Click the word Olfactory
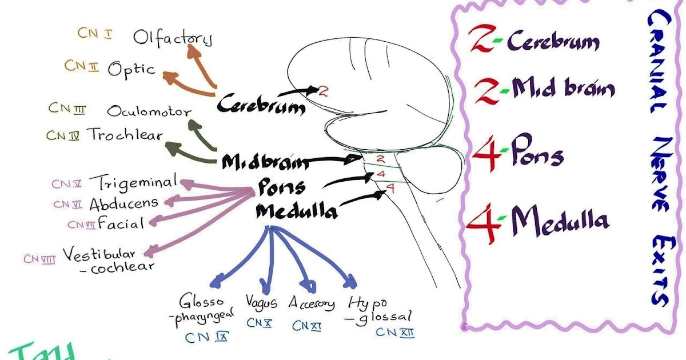[173, 38]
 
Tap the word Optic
[131, 69]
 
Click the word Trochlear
[125, 134]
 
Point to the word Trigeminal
[137, 183]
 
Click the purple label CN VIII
[39, 258]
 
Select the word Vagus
[261, 302]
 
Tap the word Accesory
[312, 303]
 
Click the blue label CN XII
[395, 331]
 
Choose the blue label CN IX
[206, 337]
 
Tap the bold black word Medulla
[296, 211]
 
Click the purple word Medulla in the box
[560, 219]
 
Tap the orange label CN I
[94, 33]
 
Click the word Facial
[121, 222]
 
